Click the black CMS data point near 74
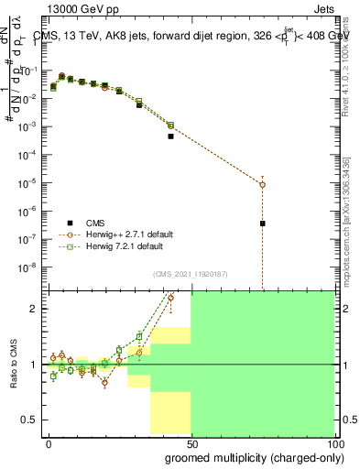263,224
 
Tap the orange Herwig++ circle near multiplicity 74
263,185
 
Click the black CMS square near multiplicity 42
170,136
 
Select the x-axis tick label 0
49,442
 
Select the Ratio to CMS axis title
14,364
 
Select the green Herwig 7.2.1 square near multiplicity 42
170,125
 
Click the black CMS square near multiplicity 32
139,104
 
